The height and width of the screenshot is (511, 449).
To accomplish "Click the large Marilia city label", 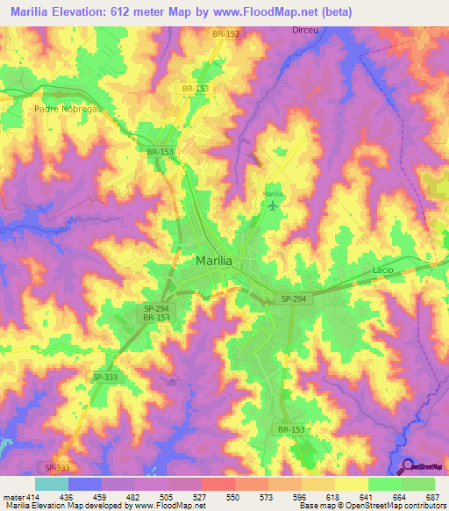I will tap(213, 260).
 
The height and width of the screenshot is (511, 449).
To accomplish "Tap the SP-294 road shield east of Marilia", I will tap(295, 299).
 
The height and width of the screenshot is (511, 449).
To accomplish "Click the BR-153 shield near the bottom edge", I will tap(291, 429).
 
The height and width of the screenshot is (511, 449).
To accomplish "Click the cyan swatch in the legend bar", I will tap(52, 484).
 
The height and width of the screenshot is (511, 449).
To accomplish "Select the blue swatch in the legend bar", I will tap(85, 484).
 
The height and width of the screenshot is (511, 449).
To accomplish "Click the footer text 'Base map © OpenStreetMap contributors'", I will tap(371, 506).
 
